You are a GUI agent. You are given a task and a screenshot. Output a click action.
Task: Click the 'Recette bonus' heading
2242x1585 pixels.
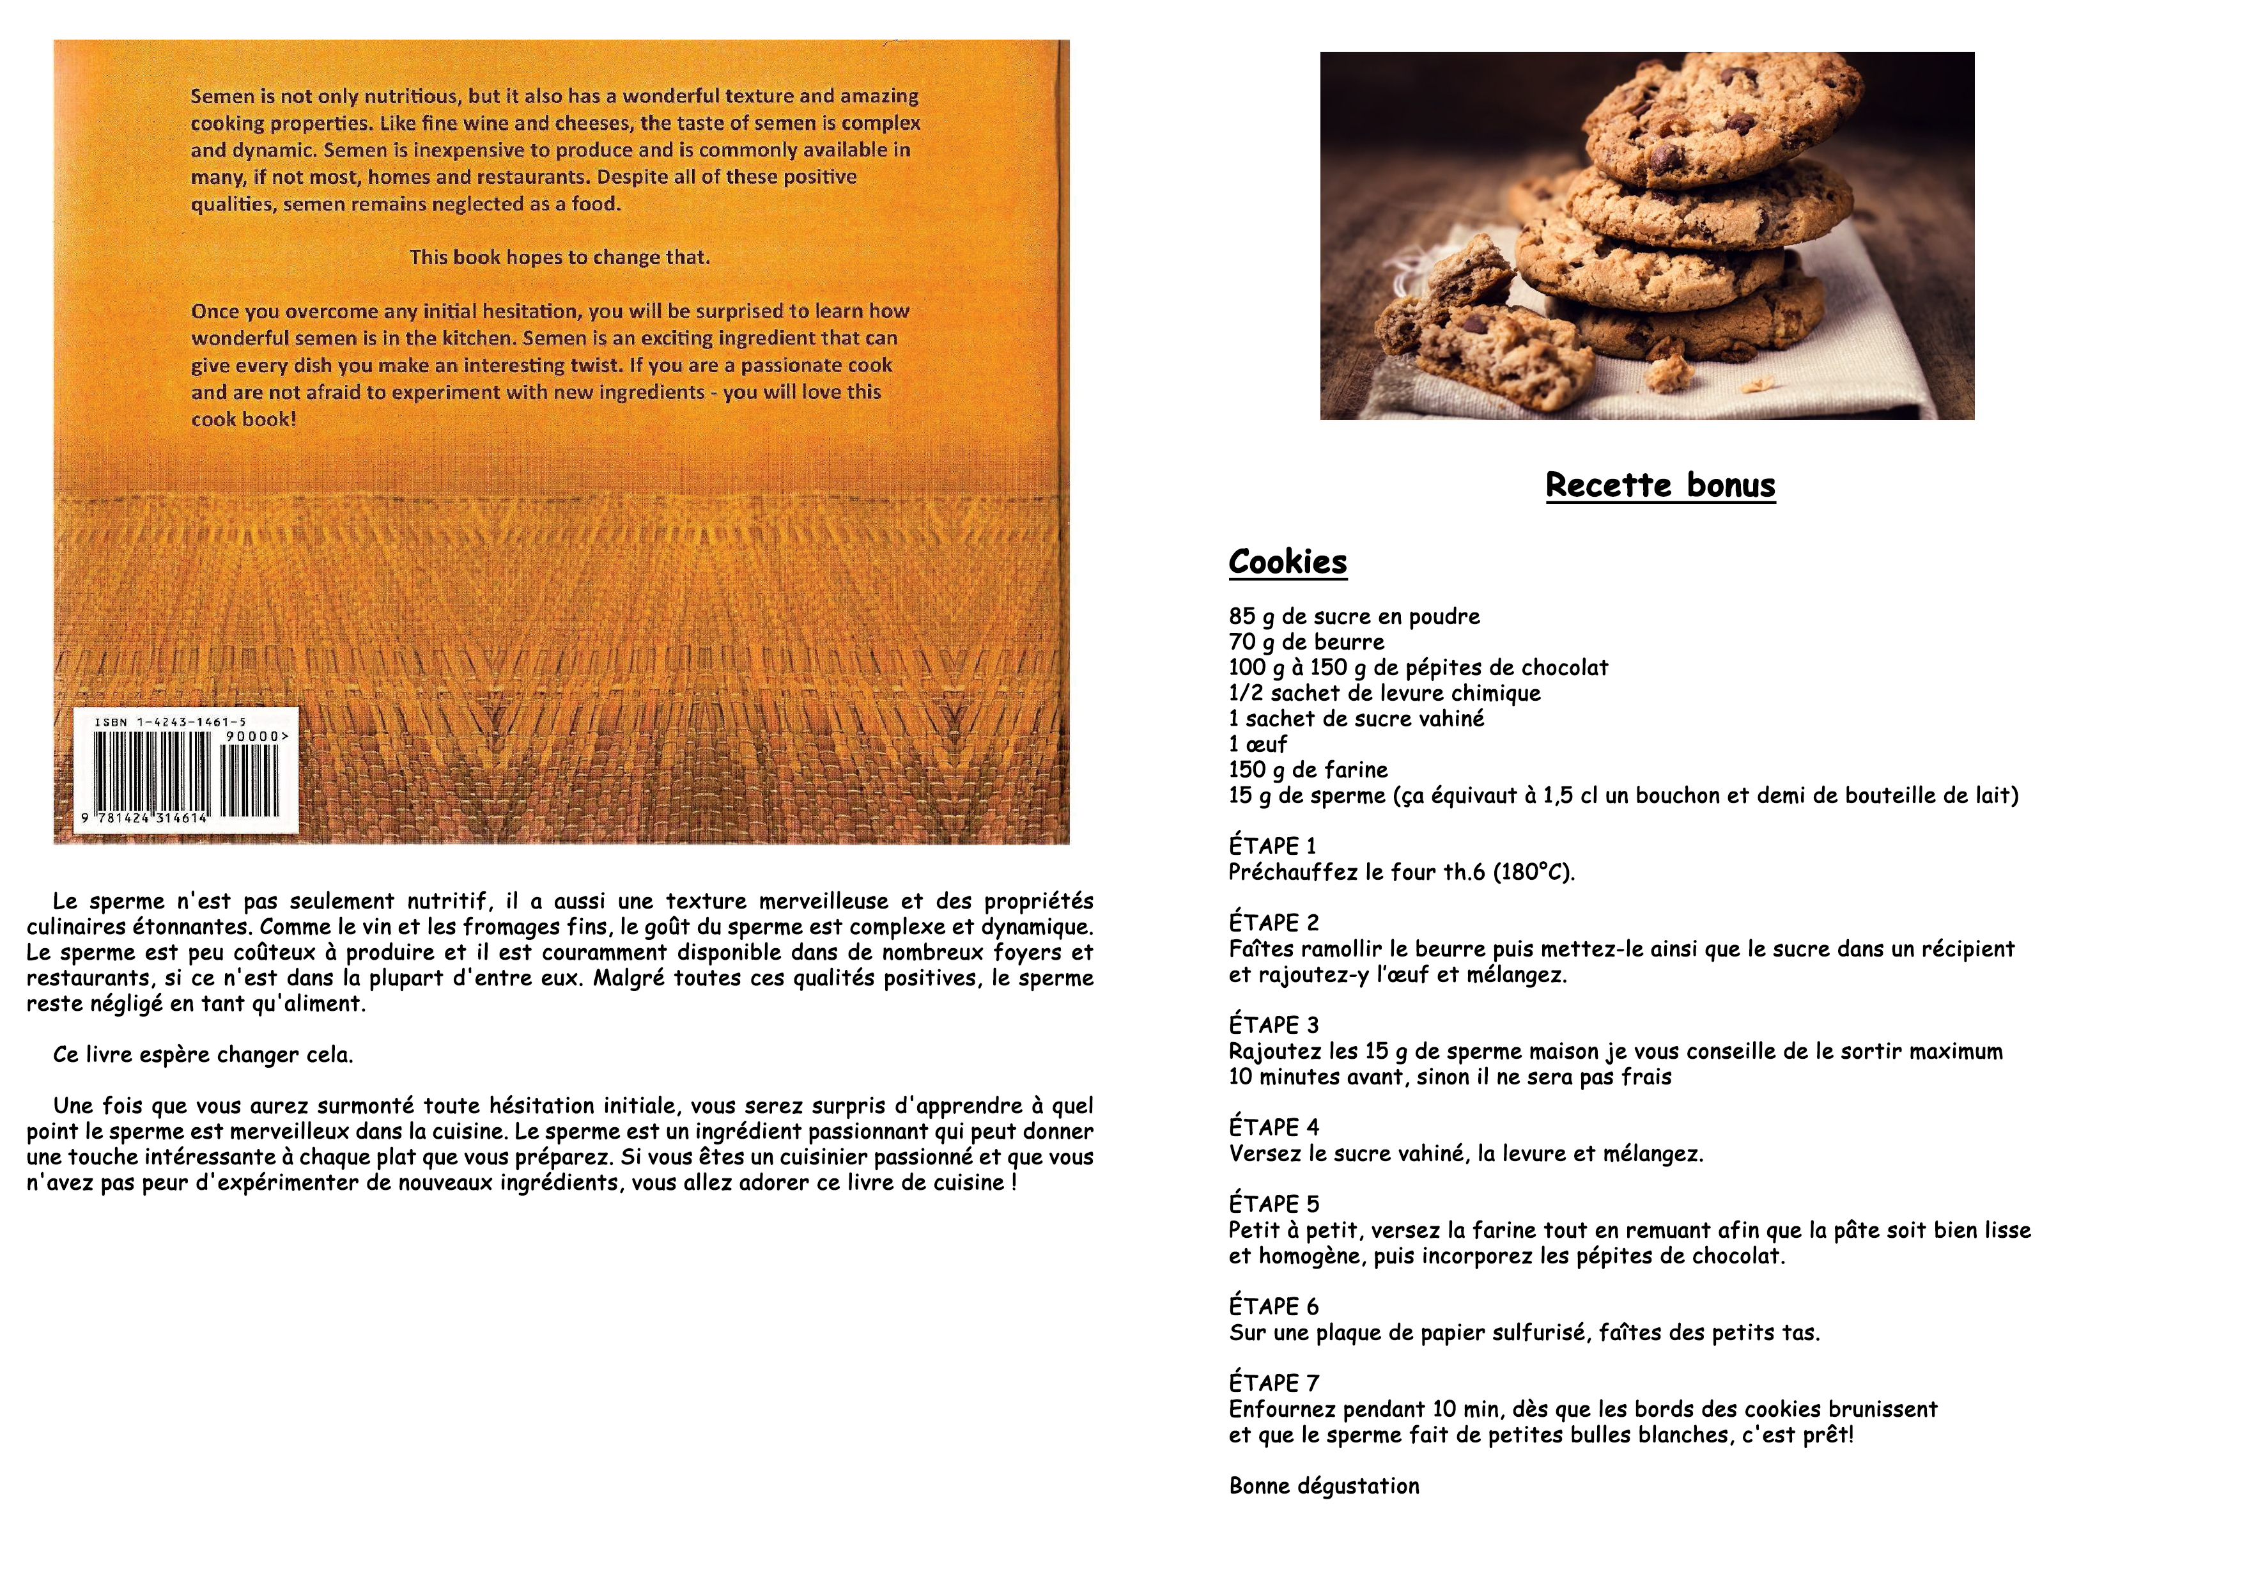(1660, 485)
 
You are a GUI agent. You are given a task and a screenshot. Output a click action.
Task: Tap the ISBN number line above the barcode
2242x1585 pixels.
(170, 722)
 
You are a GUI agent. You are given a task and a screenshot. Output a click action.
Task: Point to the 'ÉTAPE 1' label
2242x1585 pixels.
(1272, 846)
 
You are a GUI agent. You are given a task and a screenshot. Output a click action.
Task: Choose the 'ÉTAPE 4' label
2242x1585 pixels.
(1273, 1127)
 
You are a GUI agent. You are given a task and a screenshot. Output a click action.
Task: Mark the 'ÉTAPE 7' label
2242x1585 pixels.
(1273, 1383)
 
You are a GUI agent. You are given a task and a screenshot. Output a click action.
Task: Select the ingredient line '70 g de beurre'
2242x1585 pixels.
(1306, 642)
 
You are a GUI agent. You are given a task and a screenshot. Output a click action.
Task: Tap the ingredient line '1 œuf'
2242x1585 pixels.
(1258, 744)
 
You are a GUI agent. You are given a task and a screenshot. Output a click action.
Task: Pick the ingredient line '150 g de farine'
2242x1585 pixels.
(1308, 770)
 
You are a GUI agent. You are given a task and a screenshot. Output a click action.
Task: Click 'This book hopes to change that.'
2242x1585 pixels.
(559, 257)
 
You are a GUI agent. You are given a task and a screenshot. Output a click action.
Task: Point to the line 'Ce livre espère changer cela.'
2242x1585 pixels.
(203, 1055)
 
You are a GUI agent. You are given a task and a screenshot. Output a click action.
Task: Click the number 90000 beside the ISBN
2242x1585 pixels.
(256, 737)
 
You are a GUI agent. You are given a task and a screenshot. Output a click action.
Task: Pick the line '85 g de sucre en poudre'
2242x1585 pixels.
(1354, 616)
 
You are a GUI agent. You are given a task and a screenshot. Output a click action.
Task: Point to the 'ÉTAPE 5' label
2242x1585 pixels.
(1273, 1204)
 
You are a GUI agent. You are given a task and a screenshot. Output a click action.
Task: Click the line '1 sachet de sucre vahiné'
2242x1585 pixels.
(1356, 719)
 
